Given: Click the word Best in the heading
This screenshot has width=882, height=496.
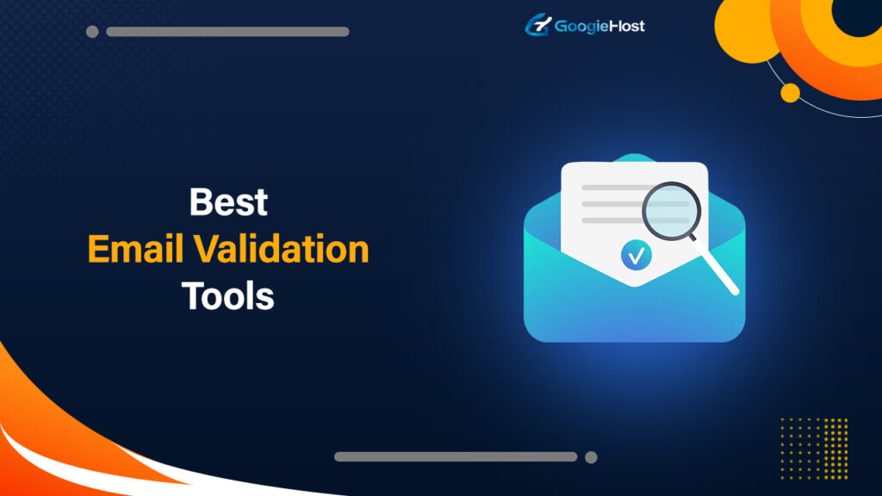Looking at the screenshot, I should tap(228, 202).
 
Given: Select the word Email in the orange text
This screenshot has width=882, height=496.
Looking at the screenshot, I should tap(135, 250).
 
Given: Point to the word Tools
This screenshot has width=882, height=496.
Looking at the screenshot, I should tap(228, 296).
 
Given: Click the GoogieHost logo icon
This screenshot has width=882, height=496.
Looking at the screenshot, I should tap(537, 25).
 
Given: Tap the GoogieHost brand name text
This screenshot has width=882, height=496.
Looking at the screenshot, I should tap(599, 26).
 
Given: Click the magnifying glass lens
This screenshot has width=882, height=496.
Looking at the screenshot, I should tap(671, 210).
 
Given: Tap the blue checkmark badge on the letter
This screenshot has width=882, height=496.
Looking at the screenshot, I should tap(636, 254).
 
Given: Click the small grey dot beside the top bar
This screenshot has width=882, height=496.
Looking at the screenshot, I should tap(92, 32).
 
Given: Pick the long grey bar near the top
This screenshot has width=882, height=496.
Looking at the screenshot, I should tap(227, 32).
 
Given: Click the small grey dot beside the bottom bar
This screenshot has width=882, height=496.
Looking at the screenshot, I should tap(591, 456).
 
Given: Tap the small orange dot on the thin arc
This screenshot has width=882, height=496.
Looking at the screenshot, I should tap(790, 92).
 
